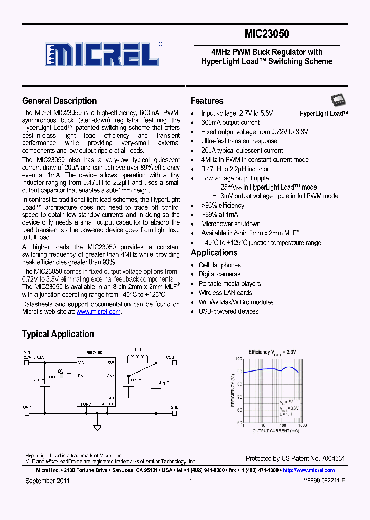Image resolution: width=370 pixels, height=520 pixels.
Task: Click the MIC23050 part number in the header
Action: pos(267,34)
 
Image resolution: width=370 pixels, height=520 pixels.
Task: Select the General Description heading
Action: pos(59,101)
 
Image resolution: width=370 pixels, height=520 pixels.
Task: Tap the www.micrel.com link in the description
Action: pos(99,312)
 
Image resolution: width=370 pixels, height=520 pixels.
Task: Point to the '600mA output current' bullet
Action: pos(230,122)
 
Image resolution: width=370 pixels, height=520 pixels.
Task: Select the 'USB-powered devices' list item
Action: pos(229,311)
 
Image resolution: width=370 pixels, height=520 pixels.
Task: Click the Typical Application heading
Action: pos(58,334)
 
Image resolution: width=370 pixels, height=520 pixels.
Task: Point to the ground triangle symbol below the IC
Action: pos(97,426)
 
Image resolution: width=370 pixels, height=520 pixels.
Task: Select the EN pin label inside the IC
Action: pos(80,376)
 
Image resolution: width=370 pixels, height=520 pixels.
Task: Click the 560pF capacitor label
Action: pos(135,380)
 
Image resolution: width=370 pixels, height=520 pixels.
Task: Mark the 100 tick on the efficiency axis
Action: pos(239,359)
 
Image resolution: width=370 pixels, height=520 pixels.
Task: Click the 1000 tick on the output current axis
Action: pos(302,426)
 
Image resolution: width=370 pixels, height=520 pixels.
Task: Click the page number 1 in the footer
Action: pos(191,481)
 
